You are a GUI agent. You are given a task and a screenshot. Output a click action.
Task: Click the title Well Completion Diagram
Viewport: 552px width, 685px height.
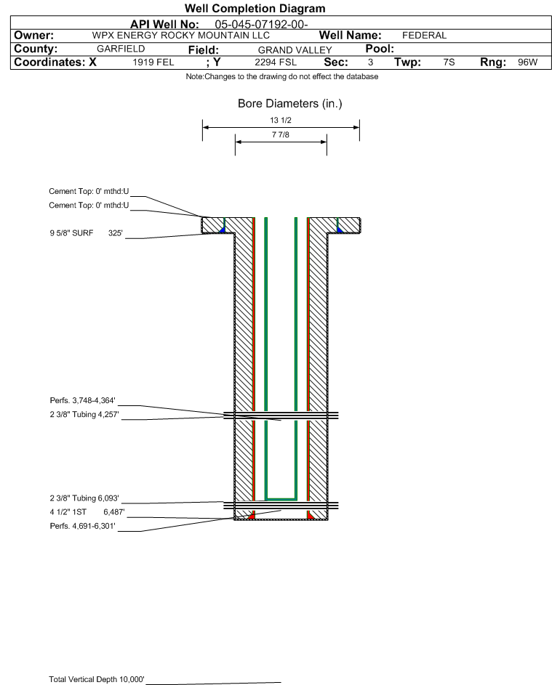[x=255, y=8]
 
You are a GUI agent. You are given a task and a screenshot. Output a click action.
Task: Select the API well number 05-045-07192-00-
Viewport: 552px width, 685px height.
[x=261, y=24]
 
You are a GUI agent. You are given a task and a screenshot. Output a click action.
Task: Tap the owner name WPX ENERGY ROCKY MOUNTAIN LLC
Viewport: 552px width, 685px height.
[x=180, y=36]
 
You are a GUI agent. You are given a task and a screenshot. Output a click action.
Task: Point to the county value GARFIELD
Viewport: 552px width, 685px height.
[x=121, y=49]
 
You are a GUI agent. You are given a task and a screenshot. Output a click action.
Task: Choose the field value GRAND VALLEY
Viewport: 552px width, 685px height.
[x=295, y=50]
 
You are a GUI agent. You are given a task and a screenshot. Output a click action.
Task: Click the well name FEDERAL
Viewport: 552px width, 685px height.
[x=424, y=36]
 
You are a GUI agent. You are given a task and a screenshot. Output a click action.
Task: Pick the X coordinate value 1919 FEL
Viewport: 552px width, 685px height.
[x=153, y=62]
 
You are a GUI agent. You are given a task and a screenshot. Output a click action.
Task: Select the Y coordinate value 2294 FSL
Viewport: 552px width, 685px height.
[x=276, y=62]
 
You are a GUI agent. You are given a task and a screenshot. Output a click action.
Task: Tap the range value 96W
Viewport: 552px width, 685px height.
[x=527, y=62]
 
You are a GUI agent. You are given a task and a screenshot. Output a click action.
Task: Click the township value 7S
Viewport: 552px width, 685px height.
[x=449, y=62]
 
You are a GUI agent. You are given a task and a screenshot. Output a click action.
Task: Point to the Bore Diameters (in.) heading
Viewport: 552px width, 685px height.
[x=290, y=104]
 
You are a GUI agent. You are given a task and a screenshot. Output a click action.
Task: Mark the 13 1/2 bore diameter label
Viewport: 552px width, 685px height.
[x=281, y=120]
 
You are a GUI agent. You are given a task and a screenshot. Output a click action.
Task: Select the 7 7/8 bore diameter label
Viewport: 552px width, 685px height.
[x=281, y=134]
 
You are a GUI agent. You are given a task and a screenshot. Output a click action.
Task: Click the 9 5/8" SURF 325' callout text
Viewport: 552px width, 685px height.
[x=86, y=233]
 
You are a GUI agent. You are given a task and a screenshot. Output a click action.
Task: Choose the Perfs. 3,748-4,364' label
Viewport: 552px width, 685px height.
[x=83, y=400]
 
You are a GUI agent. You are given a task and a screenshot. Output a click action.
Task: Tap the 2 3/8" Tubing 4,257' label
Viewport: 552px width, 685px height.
[x=84, y=414]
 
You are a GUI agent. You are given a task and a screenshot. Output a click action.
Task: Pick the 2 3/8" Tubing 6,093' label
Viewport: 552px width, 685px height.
[x=84, y=498]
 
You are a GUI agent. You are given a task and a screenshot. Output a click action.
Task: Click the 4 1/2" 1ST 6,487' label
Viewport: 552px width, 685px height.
[x=87, y=512]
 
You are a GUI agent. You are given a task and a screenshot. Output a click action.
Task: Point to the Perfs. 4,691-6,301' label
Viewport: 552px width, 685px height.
[x=83, y=526]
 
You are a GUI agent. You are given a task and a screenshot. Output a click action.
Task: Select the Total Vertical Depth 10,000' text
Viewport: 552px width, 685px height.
[x=97, y=679]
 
